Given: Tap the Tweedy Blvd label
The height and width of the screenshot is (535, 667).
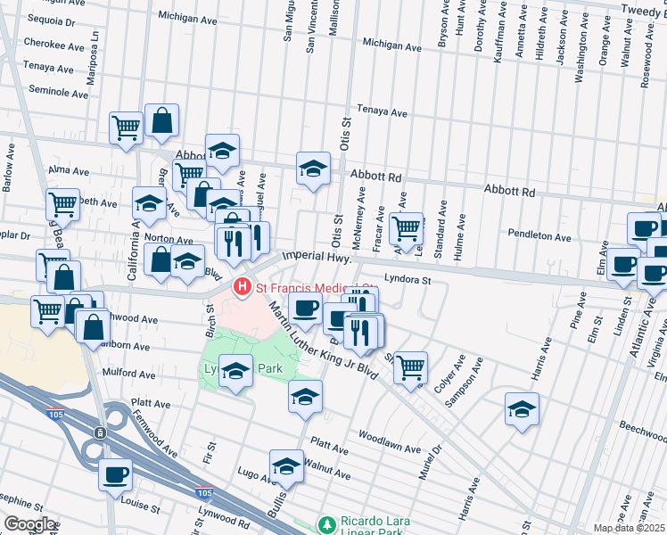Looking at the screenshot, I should point(636,9).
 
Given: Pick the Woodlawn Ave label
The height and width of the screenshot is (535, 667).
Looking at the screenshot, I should point(389,436).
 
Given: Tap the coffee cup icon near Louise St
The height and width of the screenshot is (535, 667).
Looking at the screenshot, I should point(115,473).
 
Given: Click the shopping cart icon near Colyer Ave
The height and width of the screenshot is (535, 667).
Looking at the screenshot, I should point(410,366).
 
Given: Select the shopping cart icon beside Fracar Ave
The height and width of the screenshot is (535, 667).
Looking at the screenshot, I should point(407,227).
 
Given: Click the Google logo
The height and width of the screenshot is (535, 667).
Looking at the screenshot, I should point(29,524).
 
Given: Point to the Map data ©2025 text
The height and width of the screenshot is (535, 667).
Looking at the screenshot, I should point(628,528).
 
